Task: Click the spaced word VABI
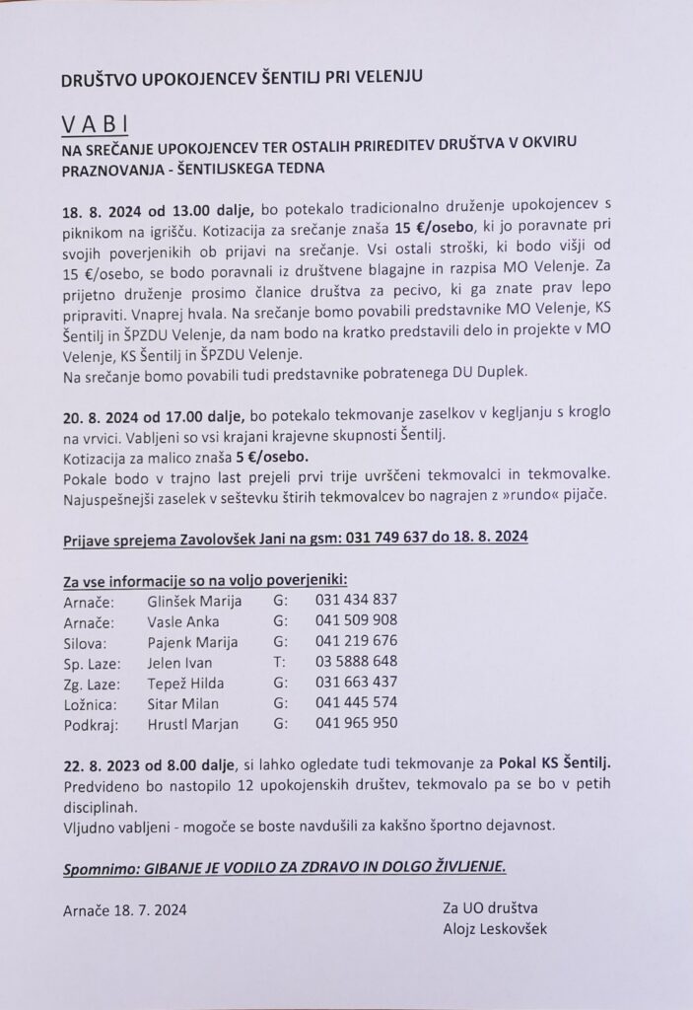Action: [x=96, y=124]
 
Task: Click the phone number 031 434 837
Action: [x=356, y=599]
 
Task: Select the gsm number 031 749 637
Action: [x=378, y=537]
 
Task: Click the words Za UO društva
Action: [x=490, y=906]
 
